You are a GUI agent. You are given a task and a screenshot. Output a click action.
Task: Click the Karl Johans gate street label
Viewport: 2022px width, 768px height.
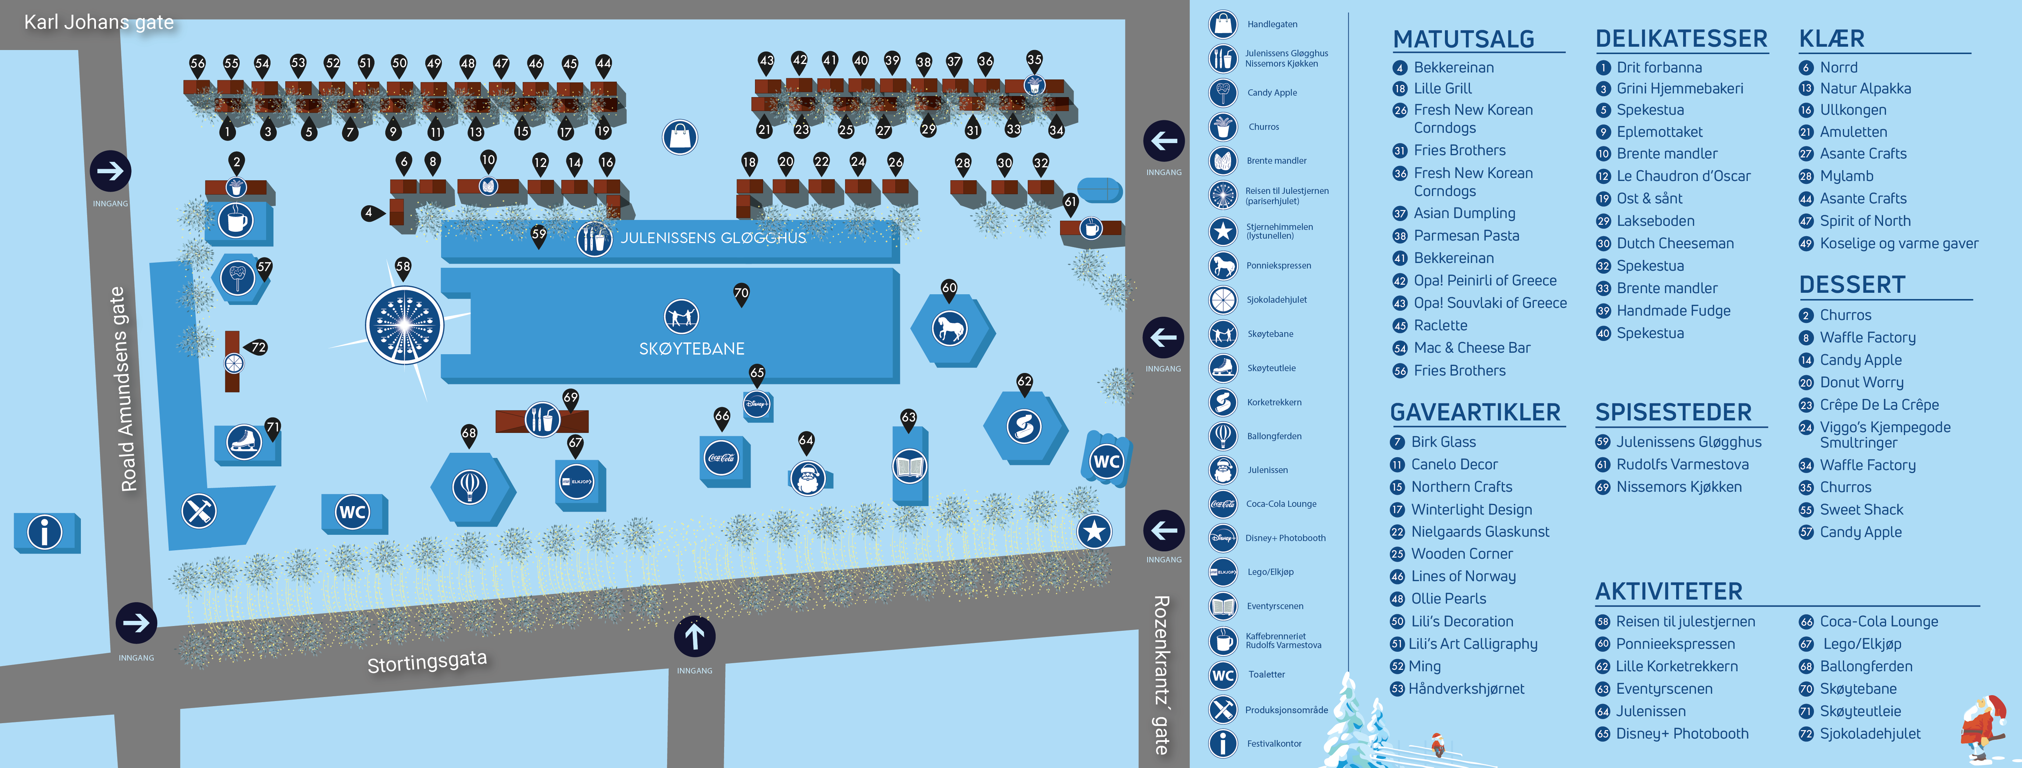tap(99, 22)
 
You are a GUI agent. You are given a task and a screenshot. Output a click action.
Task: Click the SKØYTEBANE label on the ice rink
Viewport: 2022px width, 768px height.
tap(691, 349)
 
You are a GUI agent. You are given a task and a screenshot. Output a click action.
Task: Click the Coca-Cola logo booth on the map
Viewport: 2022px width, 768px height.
tap(722, 458)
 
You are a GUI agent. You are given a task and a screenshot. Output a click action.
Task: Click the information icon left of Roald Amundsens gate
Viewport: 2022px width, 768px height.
tap(45, 531)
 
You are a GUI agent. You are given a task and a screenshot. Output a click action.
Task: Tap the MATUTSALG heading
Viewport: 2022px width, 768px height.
tap(1463, 39)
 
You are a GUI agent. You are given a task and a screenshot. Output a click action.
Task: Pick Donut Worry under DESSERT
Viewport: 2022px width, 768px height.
tap(1861, 383)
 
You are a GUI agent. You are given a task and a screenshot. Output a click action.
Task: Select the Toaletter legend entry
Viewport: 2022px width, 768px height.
tap(1266, 675)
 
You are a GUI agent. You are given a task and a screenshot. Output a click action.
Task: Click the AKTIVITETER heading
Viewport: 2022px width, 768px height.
tap(1669, 591)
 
